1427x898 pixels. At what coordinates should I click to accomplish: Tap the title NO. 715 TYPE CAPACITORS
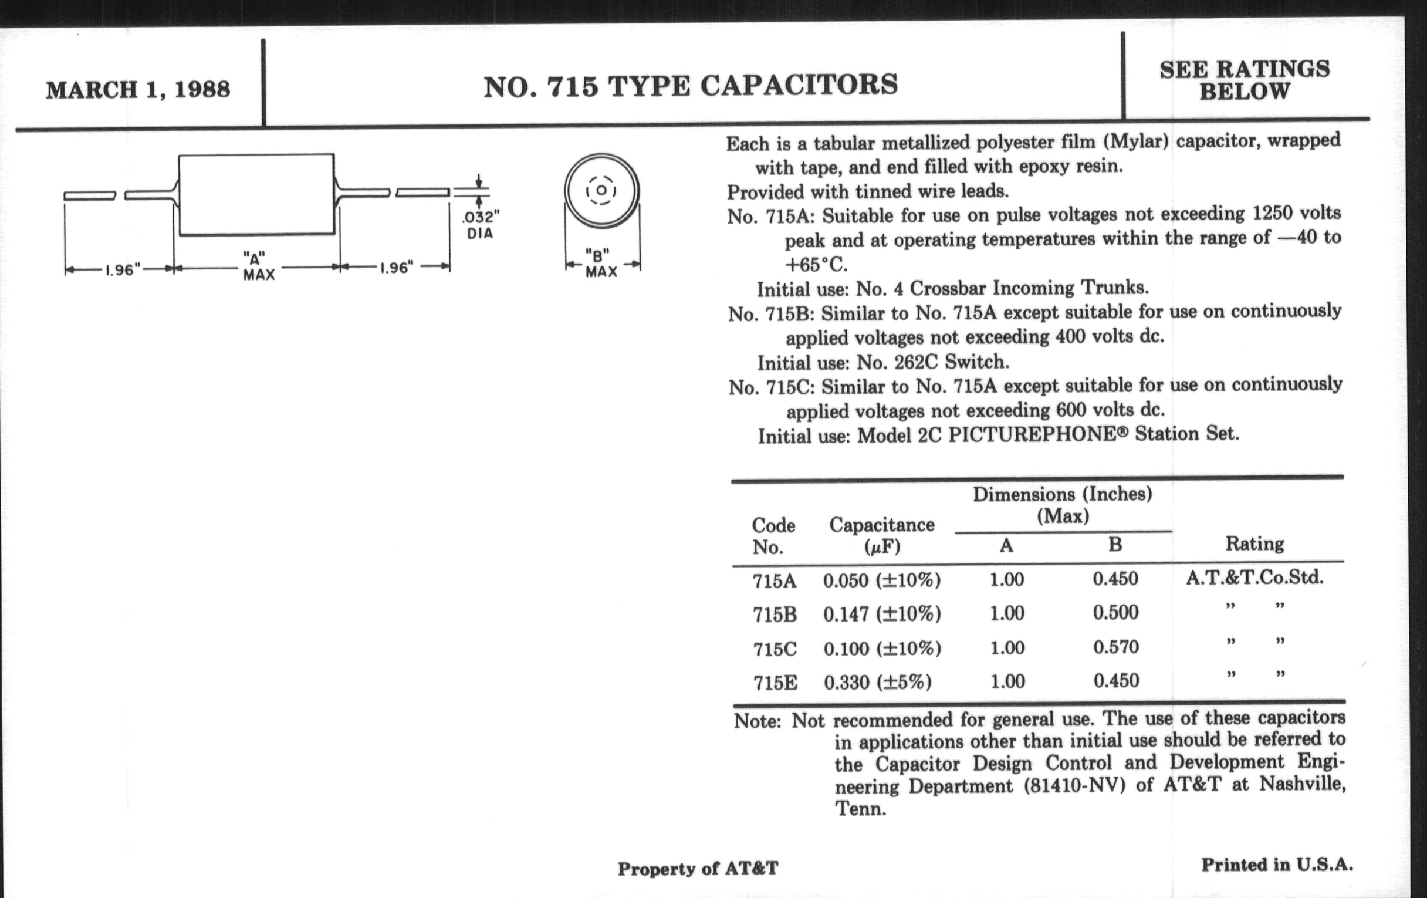[691, 86]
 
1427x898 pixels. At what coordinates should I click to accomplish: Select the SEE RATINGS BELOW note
[1245, 80]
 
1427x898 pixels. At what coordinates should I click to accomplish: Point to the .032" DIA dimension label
[480, 225]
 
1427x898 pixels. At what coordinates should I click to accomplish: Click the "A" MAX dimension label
[258, 266]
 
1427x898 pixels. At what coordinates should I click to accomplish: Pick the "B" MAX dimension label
[601, 264]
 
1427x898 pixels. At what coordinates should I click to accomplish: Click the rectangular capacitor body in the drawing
[256, 194]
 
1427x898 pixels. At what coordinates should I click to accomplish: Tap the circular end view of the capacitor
[601, 191]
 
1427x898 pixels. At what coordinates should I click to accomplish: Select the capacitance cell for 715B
[881, 614]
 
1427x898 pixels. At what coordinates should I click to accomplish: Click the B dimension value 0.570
[1116, 647]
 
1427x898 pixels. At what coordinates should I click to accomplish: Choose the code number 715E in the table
[775, 683]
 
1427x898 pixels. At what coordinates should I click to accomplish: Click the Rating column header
[1254, 543]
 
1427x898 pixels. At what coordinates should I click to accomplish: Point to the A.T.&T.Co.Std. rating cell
[1254, 578]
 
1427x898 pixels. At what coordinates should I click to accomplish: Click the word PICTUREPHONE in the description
[1032, 434]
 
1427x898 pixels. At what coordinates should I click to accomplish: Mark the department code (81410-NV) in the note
[1074, 786]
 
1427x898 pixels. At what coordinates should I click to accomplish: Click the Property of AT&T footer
[698, 869]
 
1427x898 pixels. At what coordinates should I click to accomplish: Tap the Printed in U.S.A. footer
[1277, 865]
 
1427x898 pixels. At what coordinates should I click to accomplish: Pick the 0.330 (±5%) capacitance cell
[877, 682]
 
